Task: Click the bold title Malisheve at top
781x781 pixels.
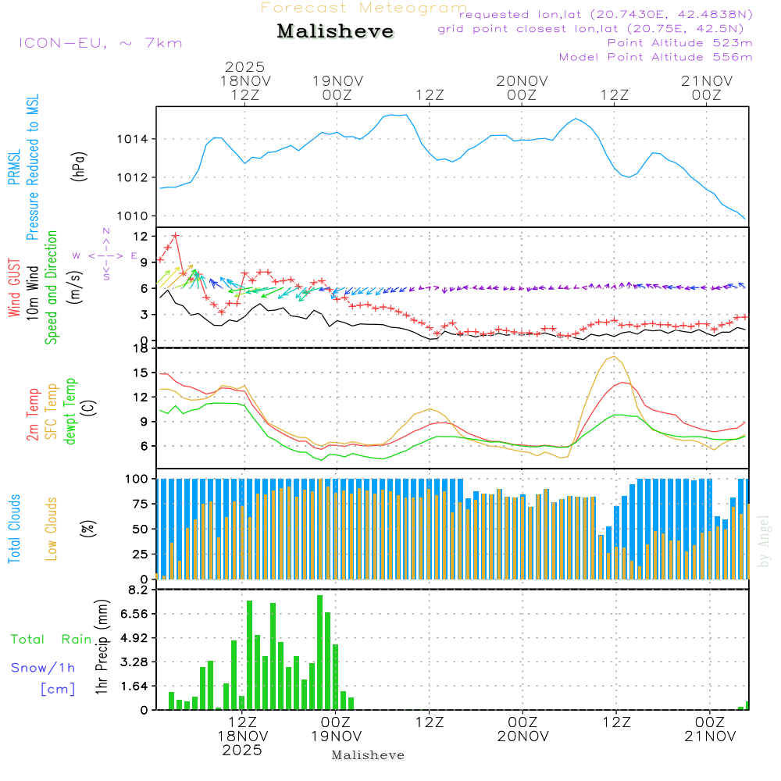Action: (x=335, y=32)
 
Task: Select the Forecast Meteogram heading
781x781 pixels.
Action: (x=364, y=8)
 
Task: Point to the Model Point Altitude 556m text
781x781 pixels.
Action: (x=655, y=57)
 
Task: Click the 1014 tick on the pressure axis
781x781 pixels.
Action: (x=133, y=140)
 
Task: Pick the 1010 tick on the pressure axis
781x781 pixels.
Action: (x=133, y=216)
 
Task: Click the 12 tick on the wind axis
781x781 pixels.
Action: (x=141, y=236)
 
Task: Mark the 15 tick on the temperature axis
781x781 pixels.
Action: (x=141, y=373)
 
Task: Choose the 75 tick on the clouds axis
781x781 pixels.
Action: (x=141, y=504)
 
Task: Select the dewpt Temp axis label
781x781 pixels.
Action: (x=70, y=411)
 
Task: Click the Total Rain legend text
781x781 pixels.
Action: (x=51, y=640)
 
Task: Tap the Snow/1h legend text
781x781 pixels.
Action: (x=43, y=668)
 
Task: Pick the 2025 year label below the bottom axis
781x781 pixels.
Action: (x=242, y=751)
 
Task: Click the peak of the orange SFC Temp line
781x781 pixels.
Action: (x=615, y=356)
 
